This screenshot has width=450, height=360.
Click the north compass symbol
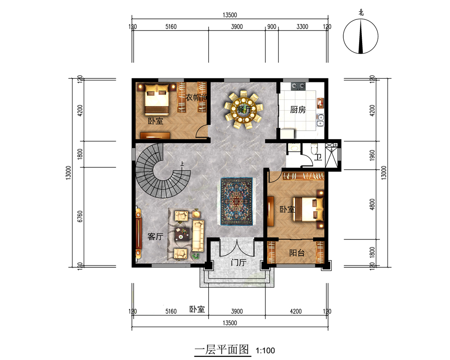pyautogui.click(x=360, y=36)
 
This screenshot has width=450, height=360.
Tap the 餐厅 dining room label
pyautogui.click(x=244, y=109)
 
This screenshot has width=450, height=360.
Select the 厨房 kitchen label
pyautogui.click(x=297, y=109)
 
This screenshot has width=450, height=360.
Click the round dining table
pyautogui.click(x=243, y=109)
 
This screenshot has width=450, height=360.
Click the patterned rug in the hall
pyautogui.click(x=237, y=202)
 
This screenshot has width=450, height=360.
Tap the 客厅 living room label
pyautogui.click(x=155, y=237)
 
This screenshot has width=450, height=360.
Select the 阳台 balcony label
pyautogui.click(x=297, y=253)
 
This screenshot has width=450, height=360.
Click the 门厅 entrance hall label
pyautogui.click(x=238, y=262)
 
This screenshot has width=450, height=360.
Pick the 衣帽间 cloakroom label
pyautogui.click(x=196, y=97)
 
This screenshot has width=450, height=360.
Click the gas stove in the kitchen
pyautogui.click(x=298, y=86)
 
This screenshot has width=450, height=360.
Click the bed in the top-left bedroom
pyautogui.click(x=157, y=99)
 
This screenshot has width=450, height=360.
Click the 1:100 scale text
pyautogui.click(x=265, y=351)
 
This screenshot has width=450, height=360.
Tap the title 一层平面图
pyautogui.click(x=222, y=350)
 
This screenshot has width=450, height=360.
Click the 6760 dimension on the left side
pyautogui.click(x=80, y=216)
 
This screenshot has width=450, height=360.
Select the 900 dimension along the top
pyautogui.click(x=271, y=27)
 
